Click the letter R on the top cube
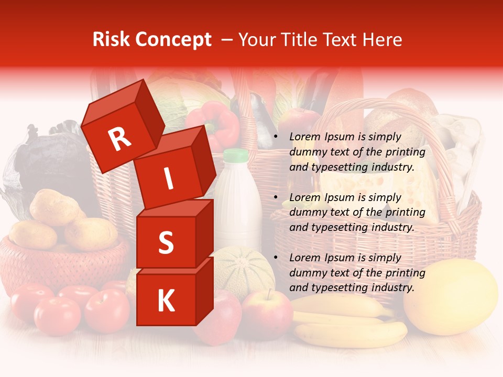(119, 139)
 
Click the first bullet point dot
(276, 137)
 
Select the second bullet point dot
(276, 198)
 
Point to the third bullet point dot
(276, 258)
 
